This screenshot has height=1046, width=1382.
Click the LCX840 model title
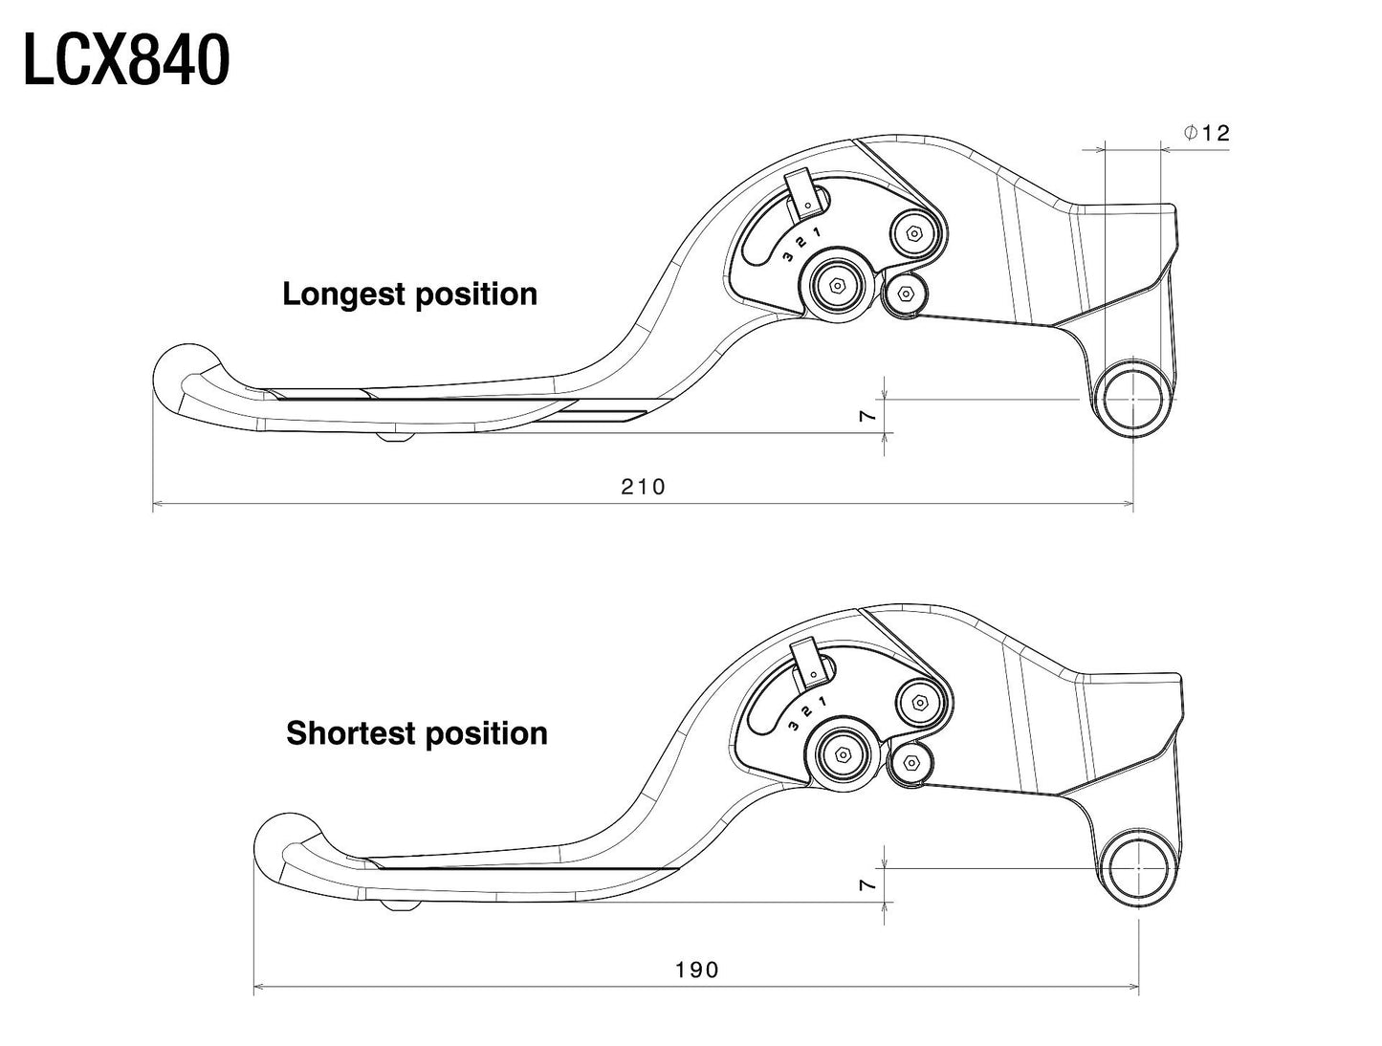click(125, 59)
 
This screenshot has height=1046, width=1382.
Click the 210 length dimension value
click(643, 487)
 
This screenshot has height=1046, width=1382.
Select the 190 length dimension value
click(696, 970)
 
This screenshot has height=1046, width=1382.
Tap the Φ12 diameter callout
click(1206, 133)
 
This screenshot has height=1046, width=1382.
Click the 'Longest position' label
click(409, 294)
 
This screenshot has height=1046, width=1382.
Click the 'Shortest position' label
click(417, 733)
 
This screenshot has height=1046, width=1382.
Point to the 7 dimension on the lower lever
click(867, 885)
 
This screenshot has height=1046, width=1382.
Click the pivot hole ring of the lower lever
click(1139, 868)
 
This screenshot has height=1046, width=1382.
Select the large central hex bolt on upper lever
click(837, 285)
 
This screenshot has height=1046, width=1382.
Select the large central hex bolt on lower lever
click(843, 753)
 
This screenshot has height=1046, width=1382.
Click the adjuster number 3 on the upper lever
click(786, 256)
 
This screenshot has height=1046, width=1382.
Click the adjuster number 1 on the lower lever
click(822, 702)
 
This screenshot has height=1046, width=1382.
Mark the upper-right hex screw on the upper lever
click(915, 233)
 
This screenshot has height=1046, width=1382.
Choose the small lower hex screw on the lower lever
click(910, 762)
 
